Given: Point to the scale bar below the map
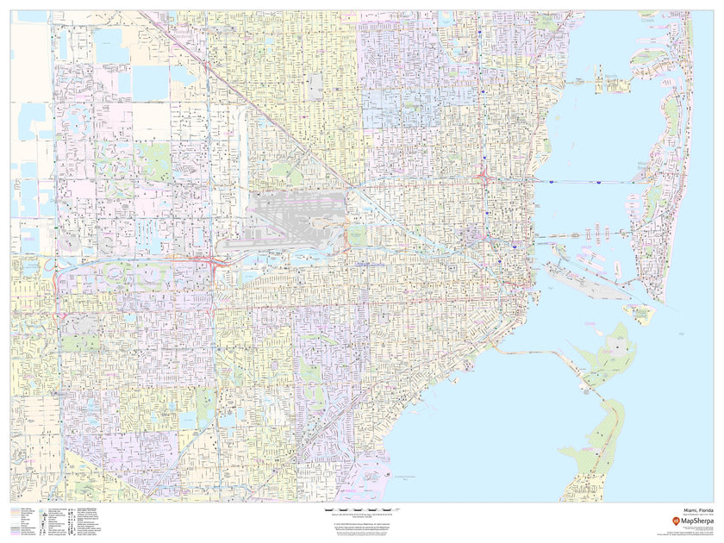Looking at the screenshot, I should [362, 511].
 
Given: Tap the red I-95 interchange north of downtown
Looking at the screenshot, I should [485, 179].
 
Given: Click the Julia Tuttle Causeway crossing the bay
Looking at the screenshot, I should [586, 182].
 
